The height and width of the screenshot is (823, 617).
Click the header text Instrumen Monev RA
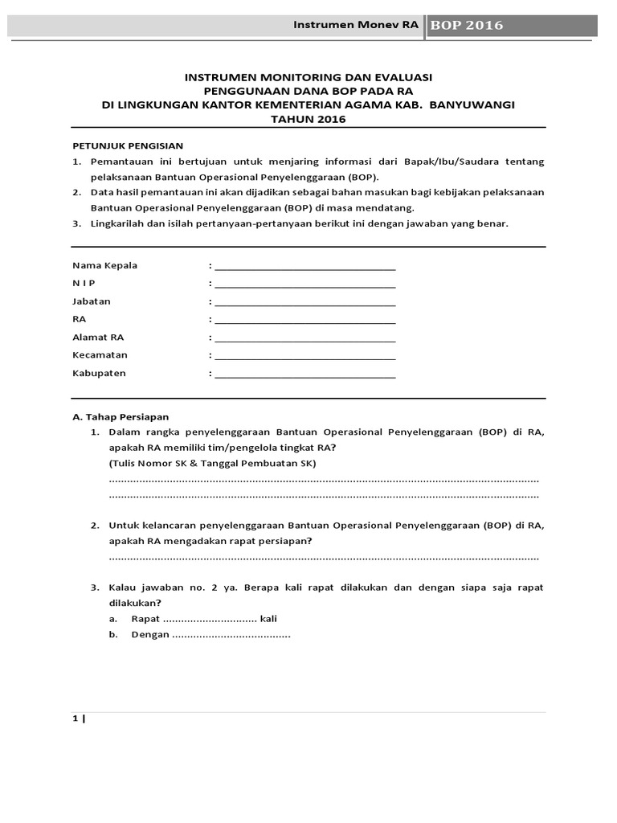click(358, 25)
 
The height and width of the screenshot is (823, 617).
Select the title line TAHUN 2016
click(309, 119)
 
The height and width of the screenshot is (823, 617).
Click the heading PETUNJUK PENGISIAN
click(129, 145)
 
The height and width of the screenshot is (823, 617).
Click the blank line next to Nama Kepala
click(304, 267)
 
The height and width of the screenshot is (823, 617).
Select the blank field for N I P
click(304, 285)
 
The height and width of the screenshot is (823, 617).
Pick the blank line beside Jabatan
click(304, 302)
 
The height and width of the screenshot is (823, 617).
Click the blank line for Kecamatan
click(304, 355)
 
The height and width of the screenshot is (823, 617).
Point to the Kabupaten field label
click(99, 373)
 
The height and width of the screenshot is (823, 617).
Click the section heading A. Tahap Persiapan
click(121, 416)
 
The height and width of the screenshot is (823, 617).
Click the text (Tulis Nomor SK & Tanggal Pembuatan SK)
click(213, 464)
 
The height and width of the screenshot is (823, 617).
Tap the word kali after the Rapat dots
click(268, 618)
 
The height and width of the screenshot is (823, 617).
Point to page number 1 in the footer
click(76, 719)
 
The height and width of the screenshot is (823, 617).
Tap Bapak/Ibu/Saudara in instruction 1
click(476, 162)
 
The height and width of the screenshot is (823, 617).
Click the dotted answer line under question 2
click(324, 557)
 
